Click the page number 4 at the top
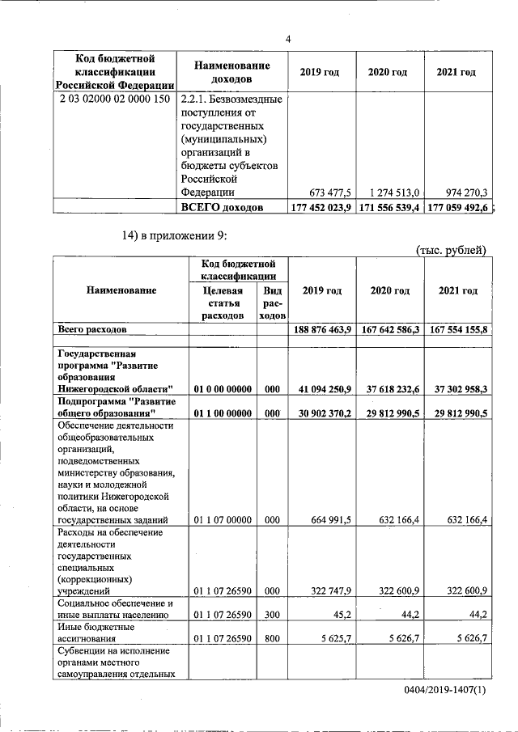(x=288, y=39)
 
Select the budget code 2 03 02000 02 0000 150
(x=114, y=99)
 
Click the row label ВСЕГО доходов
(x=222, y=208)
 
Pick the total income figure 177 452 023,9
(x=321, y=208)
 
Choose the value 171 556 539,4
(x=388, y=208)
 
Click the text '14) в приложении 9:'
(x=175, y=236)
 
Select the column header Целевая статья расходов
(x=223, y=303)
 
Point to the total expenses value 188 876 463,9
(x=321, y=330)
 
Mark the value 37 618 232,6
(x=388, y=389)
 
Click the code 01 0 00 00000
(x=223, y=389)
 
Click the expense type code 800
(x=272, y=638)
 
